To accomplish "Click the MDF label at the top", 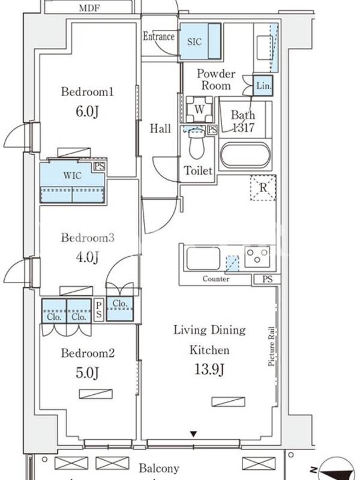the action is tap(89, 8).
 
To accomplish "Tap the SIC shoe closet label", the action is tap(194, 41).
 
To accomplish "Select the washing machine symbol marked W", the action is tap(199, 109).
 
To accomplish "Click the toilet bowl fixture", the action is tap(197, 144).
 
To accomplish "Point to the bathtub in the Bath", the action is tap(245, 155).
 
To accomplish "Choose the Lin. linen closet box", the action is tap(263, 85).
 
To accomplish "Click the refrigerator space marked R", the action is tap(263, 188).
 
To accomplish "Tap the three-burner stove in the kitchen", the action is tap(257, 257).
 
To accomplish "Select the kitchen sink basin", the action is tap(203, 258).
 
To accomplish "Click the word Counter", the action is tap(216, 279).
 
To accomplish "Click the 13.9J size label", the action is tap(209, 370).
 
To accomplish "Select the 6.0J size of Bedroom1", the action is tap(87, 112).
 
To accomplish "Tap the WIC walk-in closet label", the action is tap(73, 175).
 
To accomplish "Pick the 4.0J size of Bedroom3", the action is tap(87, 257).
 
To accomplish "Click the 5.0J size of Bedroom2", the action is tap(87, 373).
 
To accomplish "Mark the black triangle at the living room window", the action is tap(193, 434).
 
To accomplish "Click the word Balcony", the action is tap(159, 469).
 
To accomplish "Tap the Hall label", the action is tap(160, 128).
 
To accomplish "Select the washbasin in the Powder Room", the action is tap(265, 48).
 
